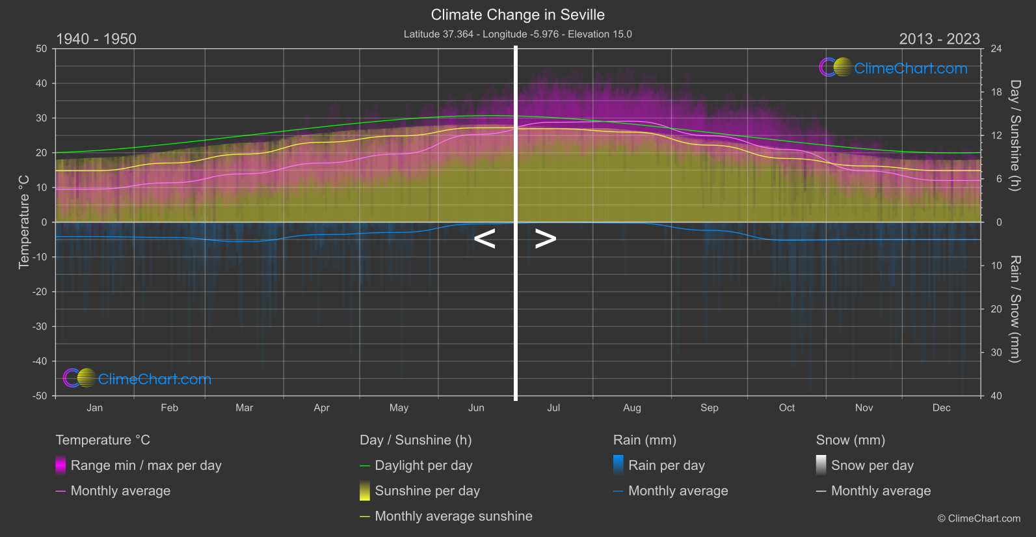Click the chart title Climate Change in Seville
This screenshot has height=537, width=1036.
(x=518, y=15)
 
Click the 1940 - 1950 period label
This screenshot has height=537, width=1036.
(x=96, y=39)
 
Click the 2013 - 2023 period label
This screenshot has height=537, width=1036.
(x=939, y=39)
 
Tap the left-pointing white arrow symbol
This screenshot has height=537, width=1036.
(x=485, y=239)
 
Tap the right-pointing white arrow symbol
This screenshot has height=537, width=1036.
(x=546, y=239)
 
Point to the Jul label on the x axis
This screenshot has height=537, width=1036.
(x=553, y=408)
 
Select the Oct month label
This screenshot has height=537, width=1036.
(x=786, y=408)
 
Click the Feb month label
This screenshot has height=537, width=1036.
(x=169, y=408)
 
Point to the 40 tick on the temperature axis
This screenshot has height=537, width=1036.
(x=42, y=83)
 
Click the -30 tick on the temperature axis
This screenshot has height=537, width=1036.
(x=40, y=327)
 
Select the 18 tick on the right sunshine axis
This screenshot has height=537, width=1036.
(x=996, y=92)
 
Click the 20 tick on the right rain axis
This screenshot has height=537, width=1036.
(x=996, y=309)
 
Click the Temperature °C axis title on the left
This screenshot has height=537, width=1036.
(x=24, y=221)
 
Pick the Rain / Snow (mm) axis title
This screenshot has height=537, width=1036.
(x=1015, y=309)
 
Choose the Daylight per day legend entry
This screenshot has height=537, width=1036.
(x=423, y=465)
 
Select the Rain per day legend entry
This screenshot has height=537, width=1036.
(x=666, y=465)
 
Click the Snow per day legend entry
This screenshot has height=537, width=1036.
(x=871, y=465)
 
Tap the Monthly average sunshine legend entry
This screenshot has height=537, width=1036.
(x=453, y=516)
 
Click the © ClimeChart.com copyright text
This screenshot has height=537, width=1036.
(x=979, y=519)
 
